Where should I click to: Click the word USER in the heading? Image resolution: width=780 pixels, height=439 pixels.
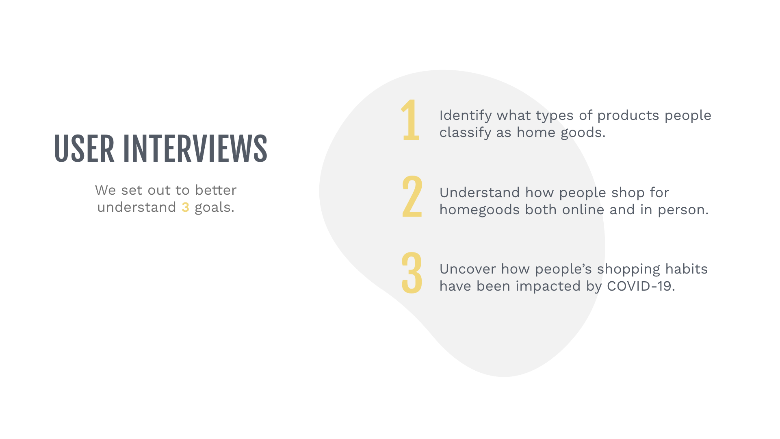click(84, 149)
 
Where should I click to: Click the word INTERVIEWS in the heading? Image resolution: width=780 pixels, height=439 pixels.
click(195, 149)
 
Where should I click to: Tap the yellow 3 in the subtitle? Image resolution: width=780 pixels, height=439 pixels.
click(185, 207)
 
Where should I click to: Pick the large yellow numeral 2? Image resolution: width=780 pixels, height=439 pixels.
click(412, 197)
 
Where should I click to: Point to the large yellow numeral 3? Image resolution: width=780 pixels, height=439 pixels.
click(412, 273)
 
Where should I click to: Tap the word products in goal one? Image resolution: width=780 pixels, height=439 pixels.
click(628, 116)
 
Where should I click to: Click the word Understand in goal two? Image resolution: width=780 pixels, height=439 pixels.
click(479, 193)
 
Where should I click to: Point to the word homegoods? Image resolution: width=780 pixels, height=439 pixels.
click(479, 210)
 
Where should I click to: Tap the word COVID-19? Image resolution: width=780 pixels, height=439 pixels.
click(641, 286)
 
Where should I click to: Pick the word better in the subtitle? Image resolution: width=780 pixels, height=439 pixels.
click(215, 190)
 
